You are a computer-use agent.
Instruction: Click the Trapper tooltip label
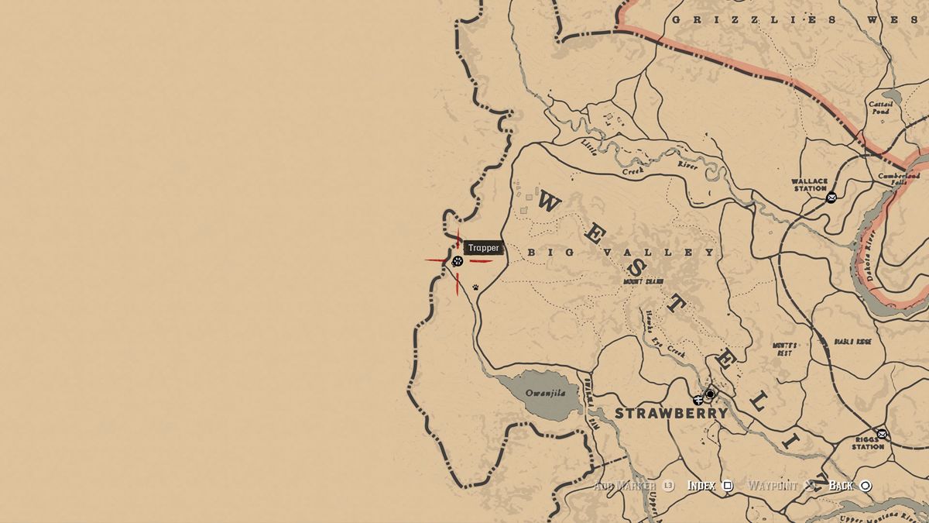[x=484, y=248]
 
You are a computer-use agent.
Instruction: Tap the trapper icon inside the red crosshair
[x=458, y=261]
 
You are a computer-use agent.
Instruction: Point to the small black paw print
[x=475, y=287]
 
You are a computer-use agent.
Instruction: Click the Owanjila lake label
[x=546, y=393]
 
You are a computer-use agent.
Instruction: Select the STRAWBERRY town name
[x=671, y=413]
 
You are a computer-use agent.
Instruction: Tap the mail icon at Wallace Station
[x=831, y=197]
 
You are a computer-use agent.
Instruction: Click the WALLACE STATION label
[x=809, y=184]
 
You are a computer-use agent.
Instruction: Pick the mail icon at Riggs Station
[x=882, y=433]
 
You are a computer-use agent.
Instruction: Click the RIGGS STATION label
[x=868, y=442]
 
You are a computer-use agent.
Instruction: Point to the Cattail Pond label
[x=880, y=107]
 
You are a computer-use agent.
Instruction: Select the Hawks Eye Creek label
[x=665, y=332]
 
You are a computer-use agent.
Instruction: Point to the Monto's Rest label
[x=783, y=349]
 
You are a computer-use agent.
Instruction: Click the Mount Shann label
[x=643, y=281]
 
